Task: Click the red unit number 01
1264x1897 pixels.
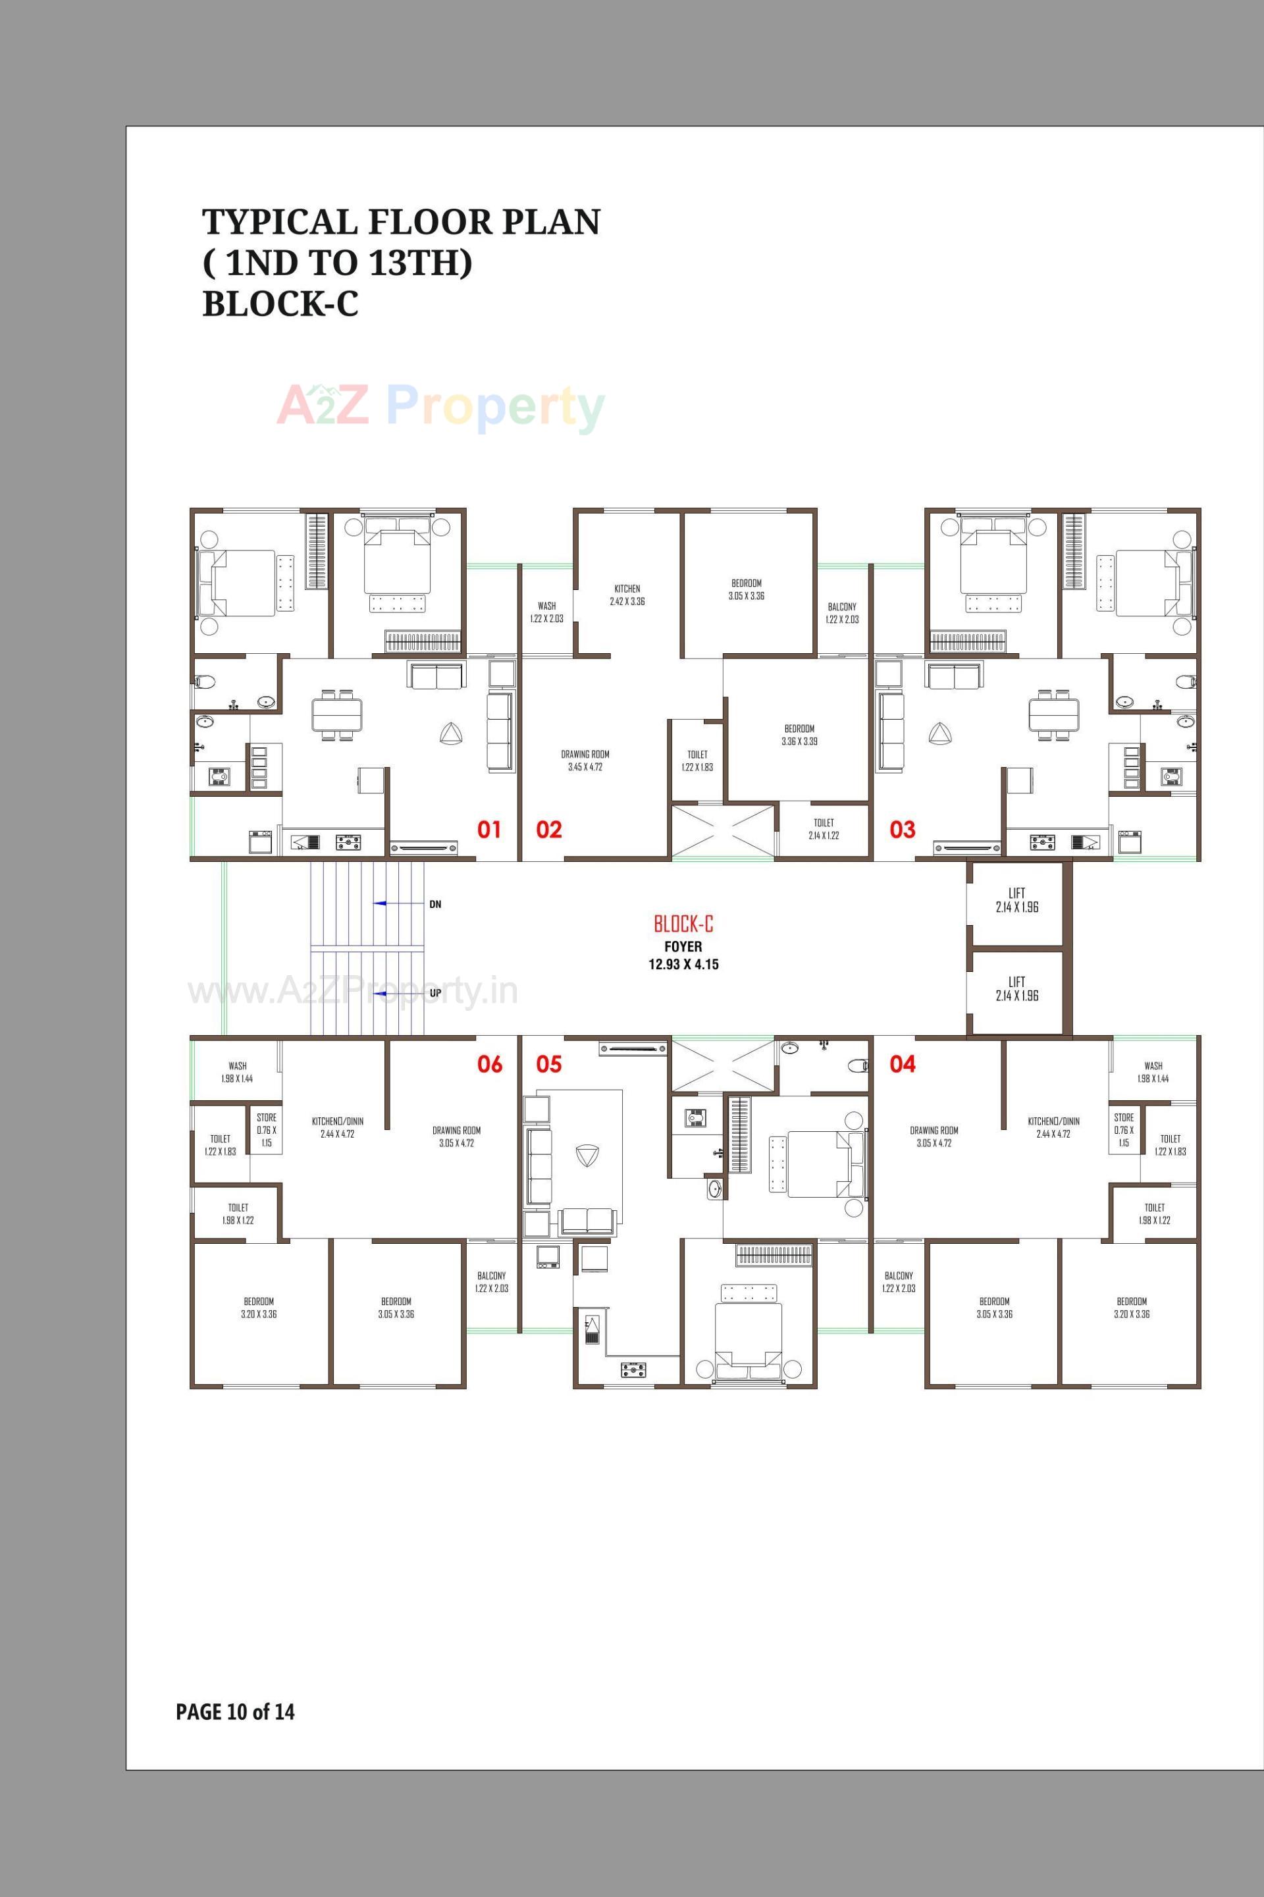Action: pyautogui.click(x=488, y=830)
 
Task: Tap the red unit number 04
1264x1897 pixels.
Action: pyautogui.click(x=902, y=1064)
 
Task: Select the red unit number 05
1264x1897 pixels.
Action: pyautogui.click(x=548, y=1064)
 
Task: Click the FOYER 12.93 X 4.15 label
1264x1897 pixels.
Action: pyautogui.click(x=683, y=955)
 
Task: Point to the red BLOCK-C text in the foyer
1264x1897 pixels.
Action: pyautogui.click(x=683, y=924)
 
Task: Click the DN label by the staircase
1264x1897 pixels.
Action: pyautogui.click(x=435, y=905)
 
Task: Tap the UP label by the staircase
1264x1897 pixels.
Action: pyautogui.click(x=435, y=993)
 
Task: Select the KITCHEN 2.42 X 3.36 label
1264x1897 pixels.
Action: pyautogui.click(x=627, y=595)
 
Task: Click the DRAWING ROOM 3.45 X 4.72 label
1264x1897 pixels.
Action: pyautogui.click(x=585, y=761)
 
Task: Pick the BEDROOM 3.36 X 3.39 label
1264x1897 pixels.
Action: pyautogui.click(x=799, y=734)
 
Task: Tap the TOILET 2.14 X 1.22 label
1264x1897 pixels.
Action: pyautogui.click(x=823, y=829)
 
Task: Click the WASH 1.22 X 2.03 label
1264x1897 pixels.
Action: pyautogui.click(x=546, y=612)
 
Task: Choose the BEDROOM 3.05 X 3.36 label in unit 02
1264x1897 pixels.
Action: pyautogui.click(x=747, y=589)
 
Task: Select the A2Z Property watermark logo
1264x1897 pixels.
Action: pyautogui.click(x=440, y=407)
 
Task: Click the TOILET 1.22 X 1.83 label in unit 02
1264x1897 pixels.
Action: pyautogui.click(x=697, y=761)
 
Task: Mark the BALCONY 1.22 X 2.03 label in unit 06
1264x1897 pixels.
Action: pyautogui.click(x=492, y=1281)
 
